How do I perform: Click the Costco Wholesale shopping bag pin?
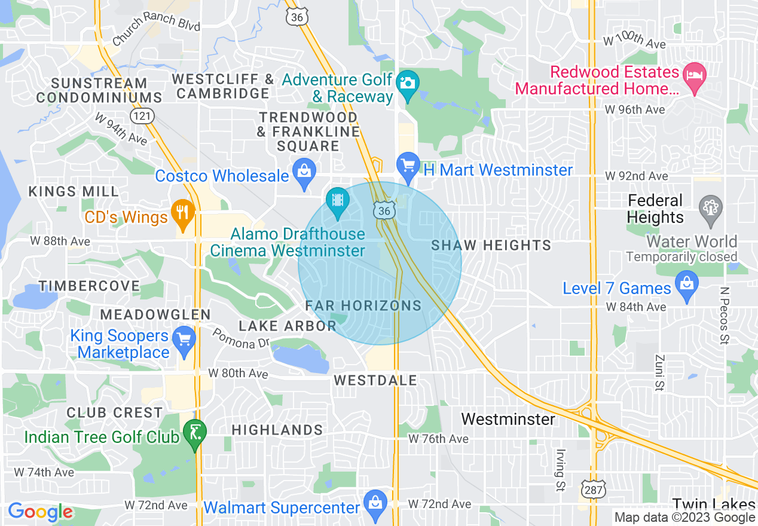tap(304, 171)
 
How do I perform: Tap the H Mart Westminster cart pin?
tap(408, 165)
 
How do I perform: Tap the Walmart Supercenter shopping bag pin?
tap(375, 503)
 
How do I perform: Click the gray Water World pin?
tap(711, 209)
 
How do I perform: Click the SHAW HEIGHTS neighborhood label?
tap(491, 245)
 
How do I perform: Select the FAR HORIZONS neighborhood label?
tap(363, 305)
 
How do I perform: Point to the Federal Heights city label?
tap(655, 209)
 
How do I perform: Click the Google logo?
tap(40, 512)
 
